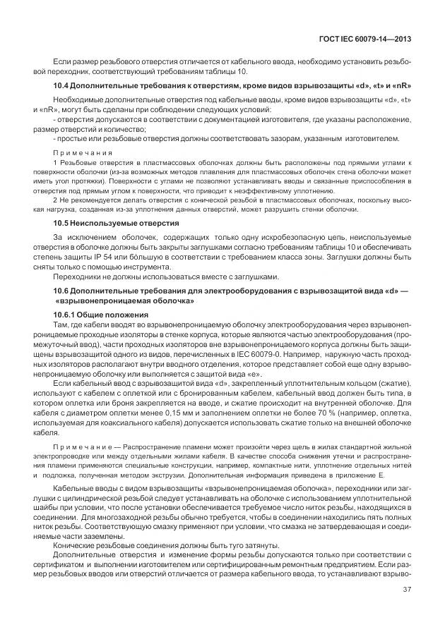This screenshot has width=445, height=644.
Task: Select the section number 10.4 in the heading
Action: pyautogui.click(x=61, y=86)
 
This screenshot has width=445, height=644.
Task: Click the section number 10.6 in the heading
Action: pyautogui.click(x=61, y=291)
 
